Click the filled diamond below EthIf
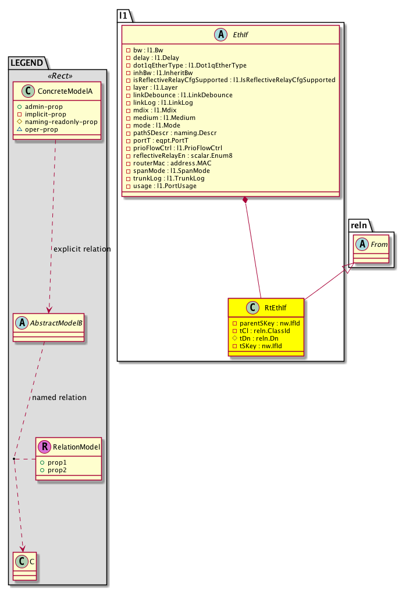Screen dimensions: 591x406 [x=246, y=201]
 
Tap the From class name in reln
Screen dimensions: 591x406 [x=379, y=244]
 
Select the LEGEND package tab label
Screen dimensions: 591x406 [x=28, y=62]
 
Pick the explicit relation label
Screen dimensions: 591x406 [x=81, y=249]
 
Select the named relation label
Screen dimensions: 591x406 [x=59, y=397]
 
